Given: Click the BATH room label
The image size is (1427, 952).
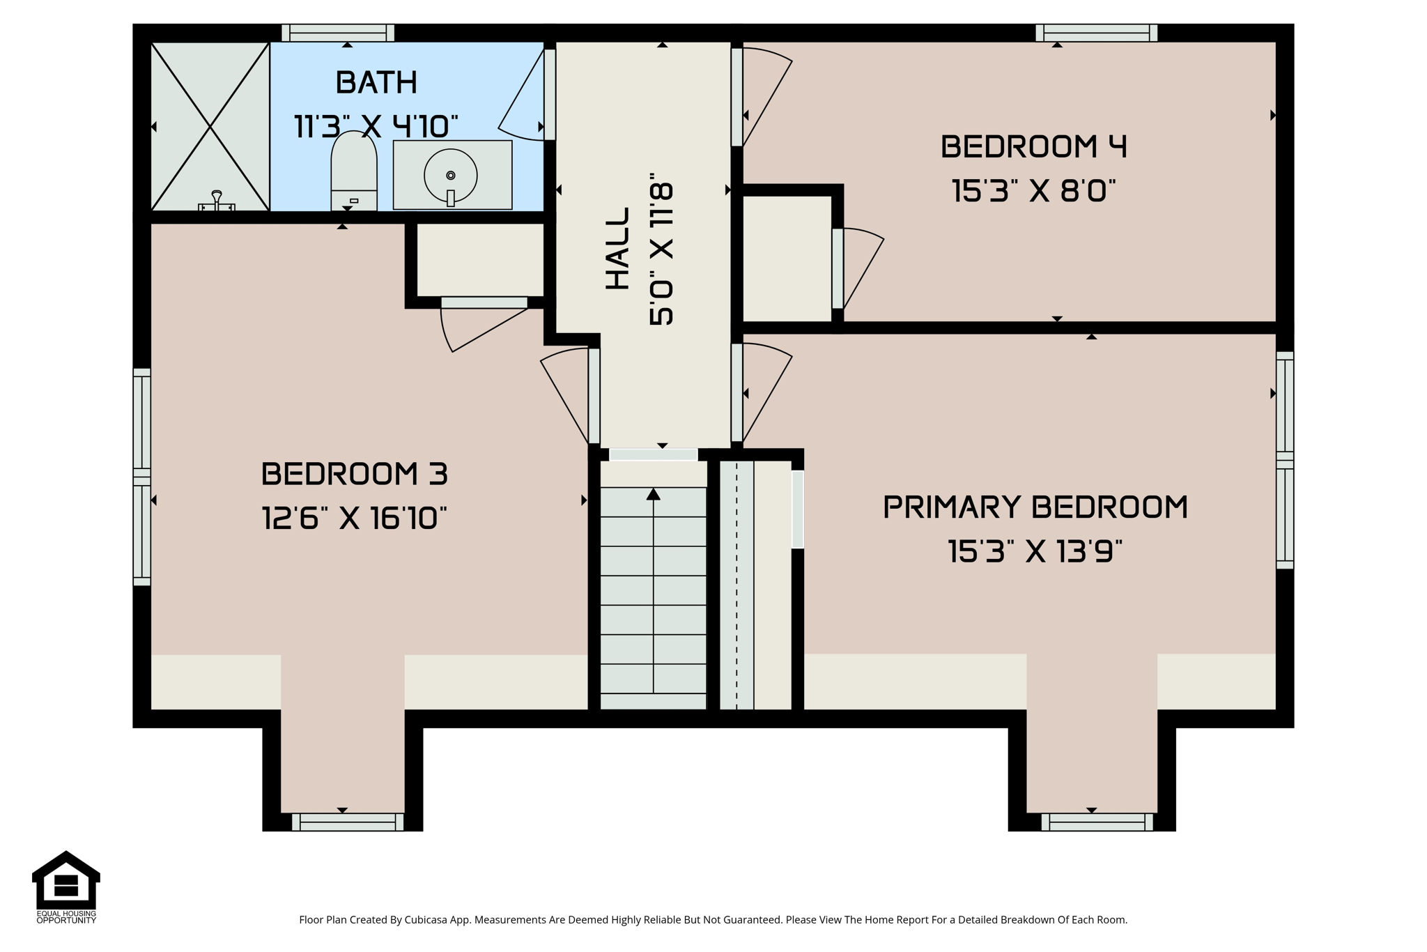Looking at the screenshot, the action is [x=376, y=83].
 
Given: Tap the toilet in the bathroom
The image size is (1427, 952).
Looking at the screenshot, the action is [x=354, y=171].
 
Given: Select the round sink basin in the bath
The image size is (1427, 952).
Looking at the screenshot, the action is [x=451, y=176].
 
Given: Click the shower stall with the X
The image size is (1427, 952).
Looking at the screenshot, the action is [x=210, y=126].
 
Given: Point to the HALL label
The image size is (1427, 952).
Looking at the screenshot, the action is [x=617, y=249].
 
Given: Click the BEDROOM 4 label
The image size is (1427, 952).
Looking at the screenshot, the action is [x=1033, y=147].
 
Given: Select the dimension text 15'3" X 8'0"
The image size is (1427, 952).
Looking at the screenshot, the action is [x=1033, y=191].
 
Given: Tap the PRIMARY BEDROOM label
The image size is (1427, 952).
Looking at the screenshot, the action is [x=1035, y=507].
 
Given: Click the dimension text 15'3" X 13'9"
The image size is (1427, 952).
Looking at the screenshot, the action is [x=1035, y=551].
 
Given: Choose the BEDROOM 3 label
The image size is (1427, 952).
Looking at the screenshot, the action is [x=355, y=475].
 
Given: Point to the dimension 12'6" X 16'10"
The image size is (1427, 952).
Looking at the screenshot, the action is [x=354, y=519].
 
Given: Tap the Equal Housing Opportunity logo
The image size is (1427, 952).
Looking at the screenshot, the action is [x=66, y=886].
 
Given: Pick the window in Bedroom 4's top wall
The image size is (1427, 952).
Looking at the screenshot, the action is [x=1097, y=33].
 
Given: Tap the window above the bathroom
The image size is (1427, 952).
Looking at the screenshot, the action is [x=338, y=33].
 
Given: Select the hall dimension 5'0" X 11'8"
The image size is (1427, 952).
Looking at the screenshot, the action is [x=661, y=249].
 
